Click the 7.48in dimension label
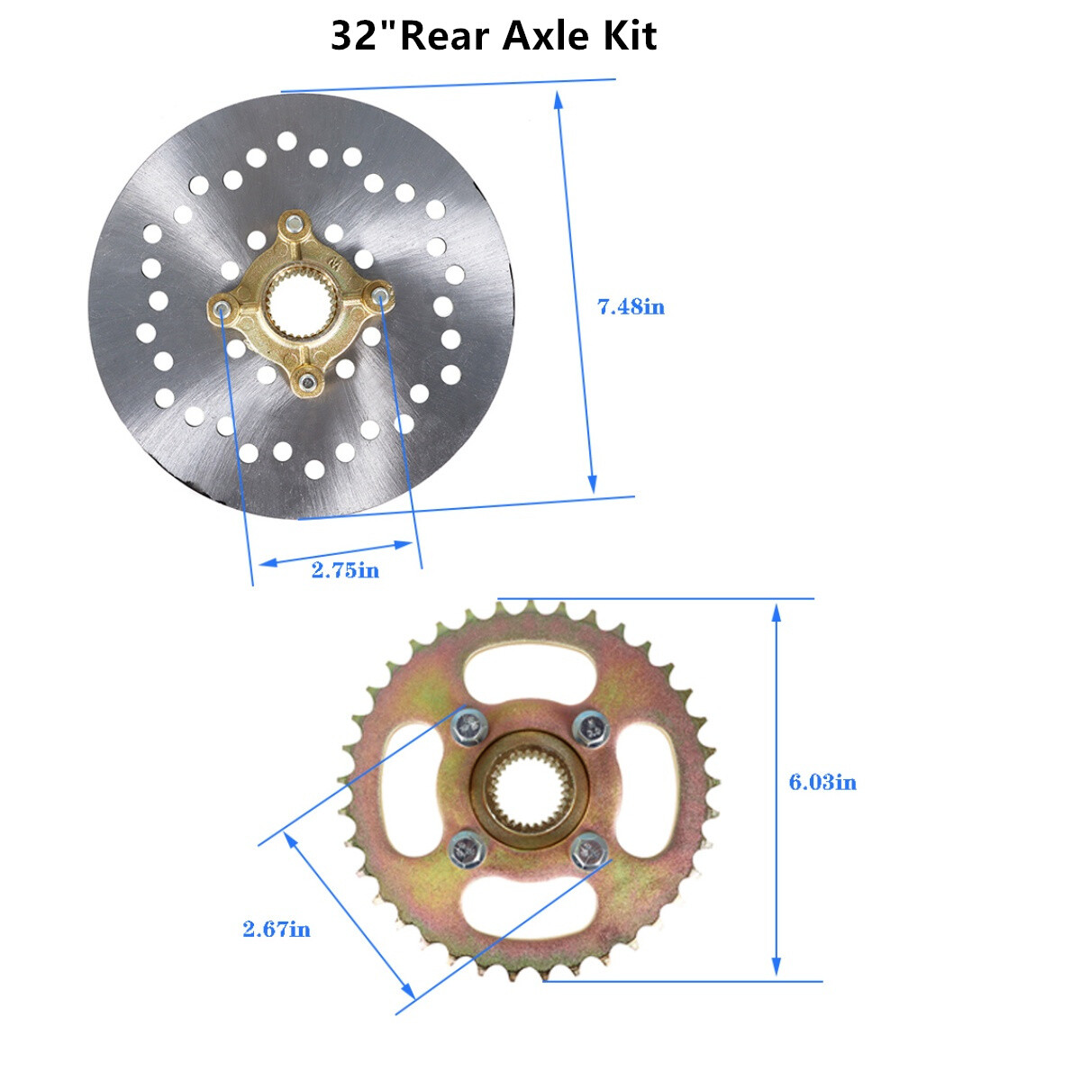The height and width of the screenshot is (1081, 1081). (631, 307)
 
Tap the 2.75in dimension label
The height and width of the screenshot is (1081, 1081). (345, 570)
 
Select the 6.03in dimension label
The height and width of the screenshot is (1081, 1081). (822, 783)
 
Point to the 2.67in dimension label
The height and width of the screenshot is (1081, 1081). (277, 883)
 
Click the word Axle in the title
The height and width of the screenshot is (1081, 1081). (545, 35)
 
